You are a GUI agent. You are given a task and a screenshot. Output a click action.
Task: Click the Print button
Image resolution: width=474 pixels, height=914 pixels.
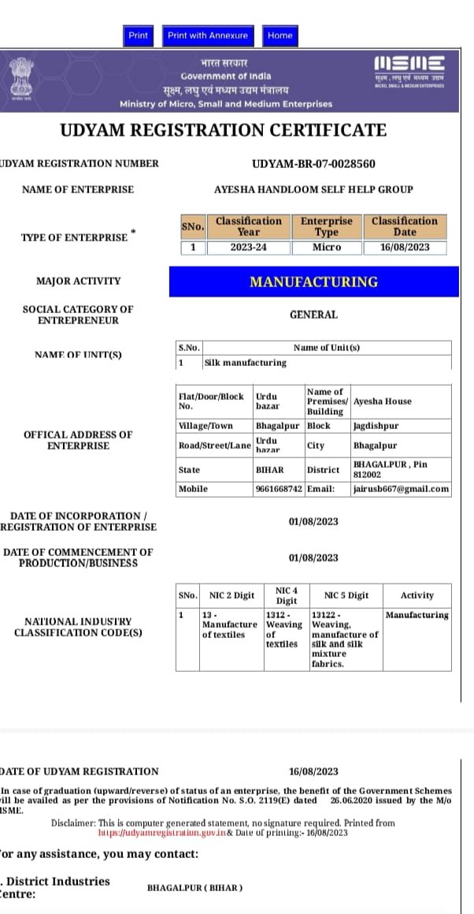point(138,35)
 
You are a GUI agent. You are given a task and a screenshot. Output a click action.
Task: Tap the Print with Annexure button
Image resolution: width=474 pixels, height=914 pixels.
point(208,35)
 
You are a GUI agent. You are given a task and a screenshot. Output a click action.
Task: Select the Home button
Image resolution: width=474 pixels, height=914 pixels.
point(280,35)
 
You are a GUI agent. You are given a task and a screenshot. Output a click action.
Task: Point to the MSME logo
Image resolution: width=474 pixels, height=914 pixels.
point(409,71)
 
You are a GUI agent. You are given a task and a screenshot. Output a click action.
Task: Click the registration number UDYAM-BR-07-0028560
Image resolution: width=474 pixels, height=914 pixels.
point(313,164)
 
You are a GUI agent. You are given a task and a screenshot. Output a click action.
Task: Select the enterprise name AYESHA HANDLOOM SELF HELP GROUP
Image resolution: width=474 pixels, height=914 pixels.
point(313,189)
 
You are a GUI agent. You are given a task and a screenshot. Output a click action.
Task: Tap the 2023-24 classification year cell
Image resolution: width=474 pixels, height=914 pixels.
point(249,248)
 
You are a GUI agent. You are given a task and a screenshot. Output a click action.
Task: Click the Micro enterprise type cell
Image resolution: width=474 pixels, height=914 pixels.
point(326,248)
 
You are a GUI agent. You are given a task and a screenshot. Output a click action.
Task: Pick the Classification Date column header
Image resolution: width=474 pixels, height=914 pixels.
point(405,226)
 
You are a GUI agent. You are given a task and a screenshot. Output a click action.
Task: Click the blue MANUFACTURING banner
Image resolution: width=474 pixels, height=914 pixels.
point(313,282)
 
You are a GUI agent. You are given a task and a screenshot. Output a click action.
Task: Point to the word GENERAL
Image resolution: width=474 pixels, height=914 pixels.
point(313,315)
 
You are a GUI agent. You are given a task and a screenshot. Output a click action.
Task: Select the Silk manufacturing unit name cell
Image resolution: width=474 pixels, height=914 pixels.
point(245,363)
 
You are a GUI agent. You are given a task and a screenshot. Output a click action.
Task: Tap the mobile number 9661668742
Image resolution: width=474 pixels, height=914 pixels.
point(279,489)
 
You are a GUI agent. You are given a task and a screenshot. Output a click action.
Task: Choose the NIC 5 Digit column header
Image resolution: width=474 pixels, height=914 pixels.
point(346,595)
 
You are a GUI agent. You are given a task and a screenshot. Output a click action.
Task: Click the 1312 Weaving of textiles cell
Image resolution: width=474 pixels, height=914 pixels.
point(284,629)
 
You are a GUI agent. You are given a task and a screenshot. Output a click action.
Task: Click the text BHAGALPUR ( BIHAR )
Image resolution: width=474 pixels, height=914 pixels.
point(194,888)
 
